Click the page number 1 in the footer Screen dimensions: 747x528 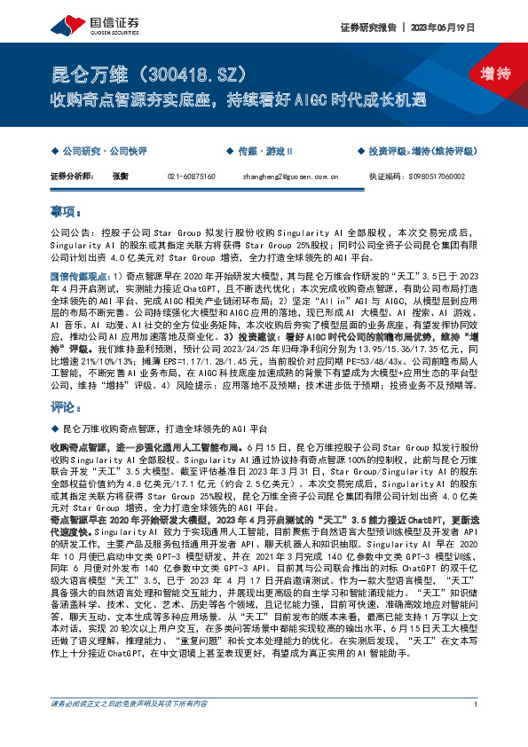tap(477, 730)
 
